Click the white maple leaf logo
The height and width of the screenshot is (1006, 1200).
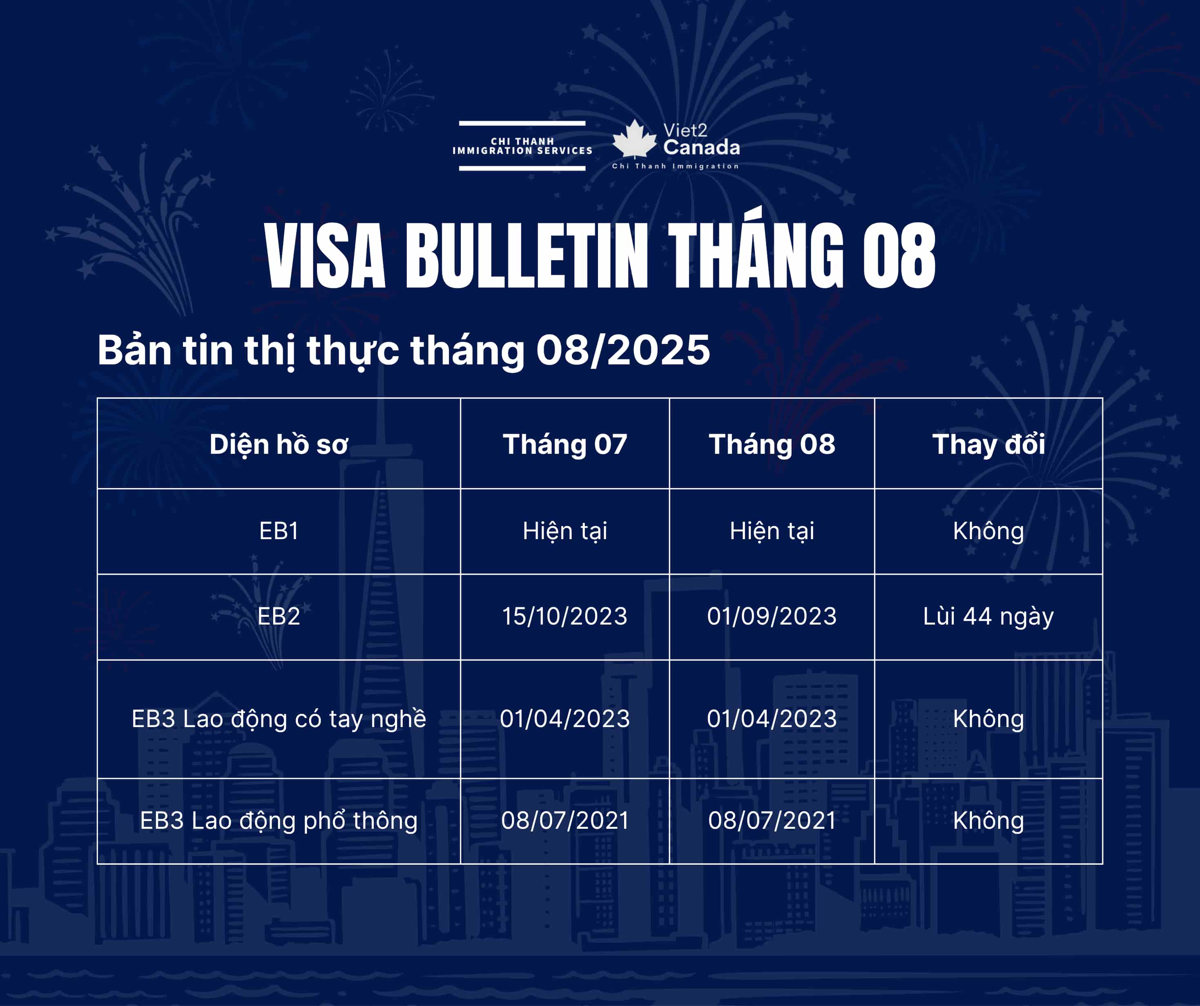coord(634,138)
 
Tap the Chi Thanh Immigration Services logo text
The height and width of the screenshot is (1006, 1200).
coord(522,146)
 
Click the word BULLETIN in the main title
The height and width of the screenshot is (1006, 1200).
coord(527,256)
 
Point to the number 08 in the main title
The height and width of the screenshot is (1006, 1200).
coord(899,256)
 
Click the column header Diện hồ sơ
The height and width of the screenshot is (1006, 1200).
coord(279,445)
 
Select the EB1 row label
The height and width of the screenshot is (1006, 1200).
coord(279,531)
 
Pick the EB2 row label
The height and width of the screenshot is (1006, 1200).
coord(279,616)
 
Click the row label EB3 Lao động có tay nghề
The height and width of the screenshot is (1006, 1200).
coord(279,718)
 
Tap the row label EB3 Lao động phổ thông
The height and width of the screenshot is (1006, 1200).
coord(279,820)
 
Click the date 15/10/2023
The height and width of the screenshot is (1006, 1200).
coord(564,616)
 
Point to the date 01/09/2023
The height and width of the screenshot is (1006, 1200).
coord(772,616)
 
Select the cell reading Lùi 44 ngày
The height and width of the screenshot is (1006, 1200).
coord(988,616)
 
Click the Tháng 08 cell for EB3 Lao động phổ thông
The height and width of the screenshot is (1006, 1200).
coord(772,820)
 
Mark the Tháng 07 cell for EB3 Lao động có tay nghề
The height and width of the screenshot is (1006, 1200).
coord(564,718)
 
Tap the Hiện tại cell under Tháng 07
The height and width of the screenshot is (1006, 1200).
coord(564,531)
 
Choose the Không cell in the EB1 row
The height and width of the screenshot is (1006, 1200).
coord(988,531)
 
